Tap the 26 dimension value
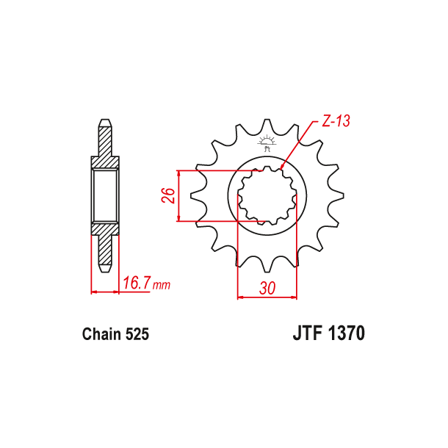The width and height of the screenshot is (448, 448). click(x=168, y=195)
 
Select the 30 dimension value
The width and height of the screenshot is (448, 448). click(x=267, y=289)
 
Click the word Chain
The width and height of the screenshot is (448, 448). click(x=101, y=335)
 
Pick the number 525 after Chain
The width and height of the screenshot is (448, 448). click(x=137, y=335)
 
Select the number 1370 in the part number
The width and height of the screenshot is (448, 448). click(x=346, y=334)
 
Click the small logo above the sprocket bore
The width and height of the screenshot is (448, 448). click(x=267, y=142)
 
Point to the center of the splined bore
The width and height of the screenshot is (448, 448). click(x=267, y=195)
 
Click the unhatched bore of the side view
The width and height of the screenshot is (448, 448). click(x=105, y=195)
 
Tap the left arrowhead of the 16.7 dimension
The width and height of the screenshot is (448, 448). click(x=93, y=292)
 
